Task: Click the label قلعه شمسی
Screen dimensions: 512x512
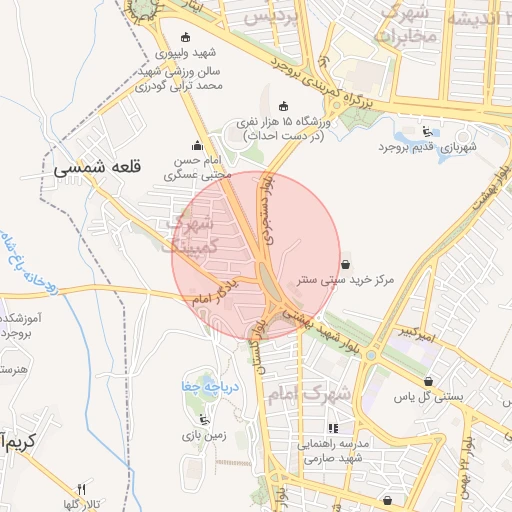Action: point(100,169)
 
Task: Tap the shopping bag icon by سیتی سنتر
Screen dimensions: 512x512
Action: point(345,264)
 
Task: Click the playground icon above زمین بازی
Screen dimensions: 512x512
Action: point(205,419)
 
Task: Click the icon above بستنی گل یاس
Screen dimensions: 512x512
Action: point(429,381)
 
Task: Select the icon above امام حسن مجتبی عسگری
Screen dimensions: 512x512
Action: point(196,145)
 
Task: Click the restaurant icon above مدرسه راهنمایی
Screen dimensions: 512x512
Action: point(305,428)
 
